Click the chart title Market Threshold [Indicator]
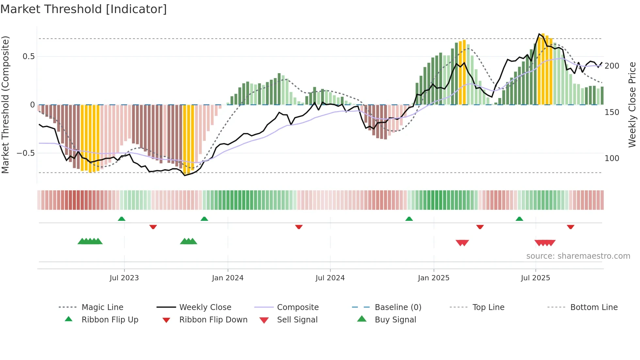(x=84, y=9)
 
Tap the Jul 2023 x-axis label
(x=124, y=278)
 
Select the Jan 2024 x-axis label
(x=228, y=278)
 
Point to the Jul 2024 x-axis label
(x=330, y=278)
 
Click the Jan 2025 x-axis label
(x=433, y=278)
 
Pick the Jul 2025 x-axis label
(x=535, y=278)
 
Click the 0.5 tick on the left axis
(x=28, y=57)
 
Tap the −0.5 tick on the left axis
(x=26, y=153)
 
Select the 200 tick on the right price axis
(x=612, y=66)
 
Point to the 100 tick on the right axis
(x=612, y=158)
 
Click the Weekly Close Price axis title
(x=632, y=105)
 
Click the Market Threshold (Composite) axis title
(x=5, y=105)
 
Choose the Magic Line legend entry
(x=102, y=307)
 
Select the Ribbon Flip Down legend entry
(x=213, y=320)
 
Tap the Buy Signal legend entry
(x=395, y=320)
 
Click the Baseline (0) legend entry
(x=398, y=307)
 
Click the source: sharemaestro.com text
(x=578, y=256)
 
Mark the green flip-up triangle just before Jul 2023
(x=121, y=219)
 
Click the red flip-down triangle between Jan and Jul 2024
(x=298, y=227)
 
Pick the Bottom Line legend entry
(x=594, y=307)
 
